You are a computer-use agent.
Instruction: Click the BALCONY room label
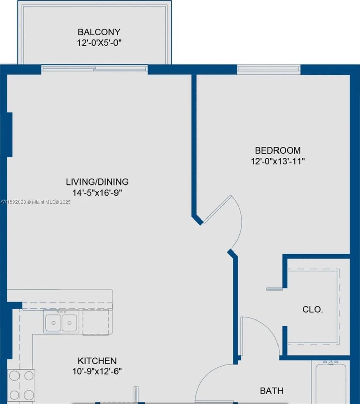coord(99,32)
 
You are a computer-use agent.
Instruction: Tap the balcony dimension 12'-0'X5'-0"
coord(99,43)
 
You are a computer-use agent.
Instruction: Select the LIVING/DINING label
coord(97,182)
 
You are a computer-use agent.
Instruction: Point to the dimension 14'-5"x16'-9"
coord(97,193)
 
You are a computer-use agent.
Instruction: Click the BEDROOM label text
coord(277,150)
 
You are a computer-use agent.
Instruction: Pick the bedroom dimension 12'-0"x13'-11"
coord(277,161)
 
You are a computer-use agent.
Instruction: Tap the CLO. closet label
coord(313,310)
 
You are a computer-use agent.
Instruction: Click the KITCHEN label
coord(97,361)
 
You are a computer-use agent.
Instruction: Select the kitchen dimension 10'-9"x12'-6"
coord(97,372)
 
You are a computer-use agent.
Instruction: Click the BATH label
coord(271,391)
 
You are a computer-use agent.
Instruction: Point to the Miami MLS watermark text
coord(36,202)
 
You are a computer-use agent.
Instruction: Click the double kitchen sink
coord(61,322)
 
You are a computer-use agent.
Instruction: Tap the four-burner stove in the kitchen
coord(21,385)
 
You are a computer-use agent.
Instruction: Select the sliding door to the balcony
coord(95,69)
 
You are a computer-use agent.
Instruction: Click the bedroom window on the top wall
coord(268,69)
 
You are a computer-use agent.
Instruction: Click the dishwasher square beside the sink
coord(96,322)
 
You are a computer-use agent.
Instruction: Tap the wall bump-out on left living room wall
coord(9,135)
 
